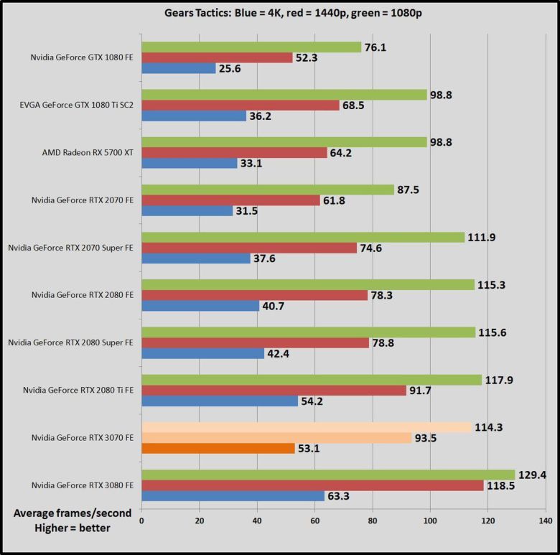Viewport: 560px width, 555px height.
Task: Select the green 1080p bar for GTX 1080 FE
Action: point(251,47)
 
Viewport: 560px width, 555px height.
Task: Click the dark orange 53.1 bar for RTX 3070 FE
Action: point(218,448)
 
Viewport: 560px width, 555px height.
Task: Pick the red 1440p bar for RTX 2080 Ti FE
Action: point(274,390)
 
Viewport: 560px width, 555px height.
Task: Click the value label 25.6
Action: point(234,69)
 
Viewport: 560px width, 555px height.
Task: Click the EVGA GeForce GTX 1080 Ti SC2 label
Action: point(77,105)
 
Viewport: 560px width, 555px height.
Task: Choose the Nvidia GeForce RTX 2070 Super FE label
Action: point(70,247)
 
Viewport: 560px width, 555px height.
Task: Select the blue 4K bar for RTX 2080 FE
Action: point(200,306)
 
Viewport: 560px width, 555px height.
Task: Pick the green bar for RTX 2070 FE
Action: point(268,190)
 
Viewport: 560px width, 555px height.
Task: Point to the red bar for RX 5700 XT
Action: point(234,152)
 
